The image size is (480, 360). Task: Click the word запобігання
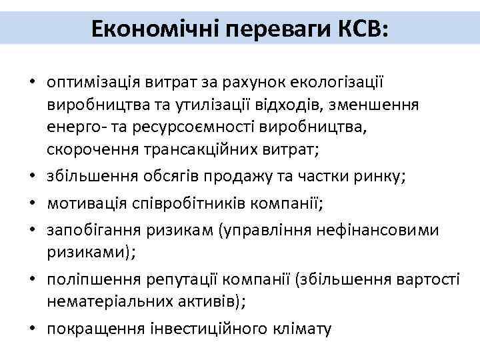click(91, 231)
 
